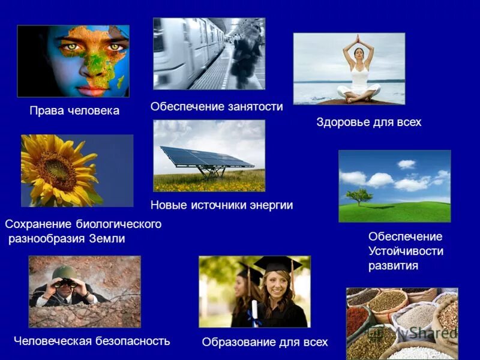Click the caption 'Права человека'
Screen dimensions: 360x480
click(x=74, y=111)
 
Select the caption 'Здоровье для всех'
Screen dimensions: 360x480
click(x=369, y=122)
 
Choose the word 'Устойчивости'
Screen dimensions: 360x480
click(x=406, y=251)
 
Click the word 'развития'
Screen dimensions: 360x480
click(x=393, y=265)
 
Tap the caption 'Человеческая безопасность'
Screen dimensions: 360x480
click(x=92, y=341)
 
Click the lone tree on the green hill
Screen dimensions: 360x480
click(x=359, y=196)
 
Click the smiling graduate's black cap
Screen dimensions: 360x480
click(x=277, y=264)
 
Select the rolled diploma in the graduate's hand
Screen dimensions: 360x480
click(x=254, y=313)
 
